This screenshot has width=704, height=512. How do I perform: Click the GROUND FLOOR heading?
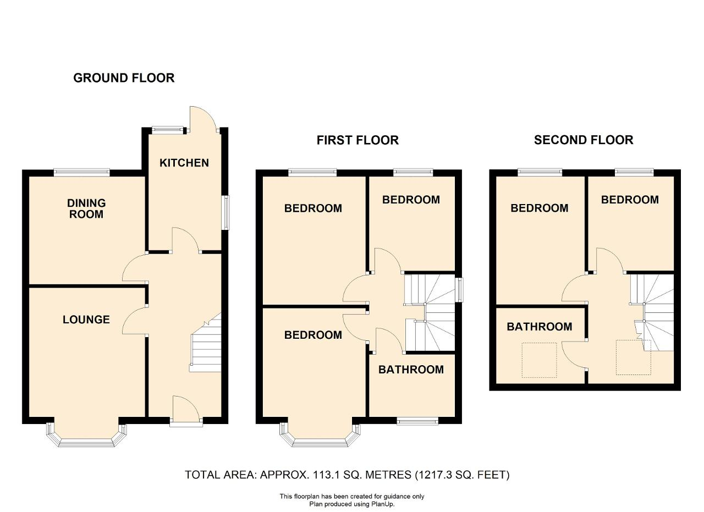(124, 78)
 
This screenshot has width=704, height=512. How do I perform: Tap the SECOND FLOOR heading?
(584, 140)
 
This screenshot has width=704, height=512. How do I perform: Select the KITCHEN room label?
(184, 163)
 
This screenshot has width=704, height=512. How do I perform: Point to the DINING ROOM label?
(86, 208)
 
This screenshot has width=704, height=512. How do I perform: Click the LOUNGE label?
(86, 320)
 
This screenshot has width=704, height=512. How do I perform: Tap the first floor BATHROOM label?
(411, 370)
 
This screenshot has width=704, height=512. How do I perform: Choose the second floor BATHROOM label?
(540, 327)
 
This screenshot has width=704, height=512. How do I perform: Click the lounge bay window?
(86, 436)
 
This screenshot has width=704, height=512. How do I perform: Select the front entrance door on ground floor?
(185, 409)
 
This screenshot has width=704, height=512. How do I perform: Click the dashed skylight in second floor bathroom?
(539, 360)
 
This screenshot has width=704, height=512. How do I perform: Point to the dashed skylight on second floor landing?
(633, 357)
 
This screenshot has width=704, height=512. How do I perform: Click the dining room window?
(82, 173)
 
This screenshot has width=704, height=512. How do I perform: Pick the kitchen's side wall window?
(226, 213)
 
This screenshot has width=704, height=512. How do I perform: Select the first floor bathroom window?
(417, 421)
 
